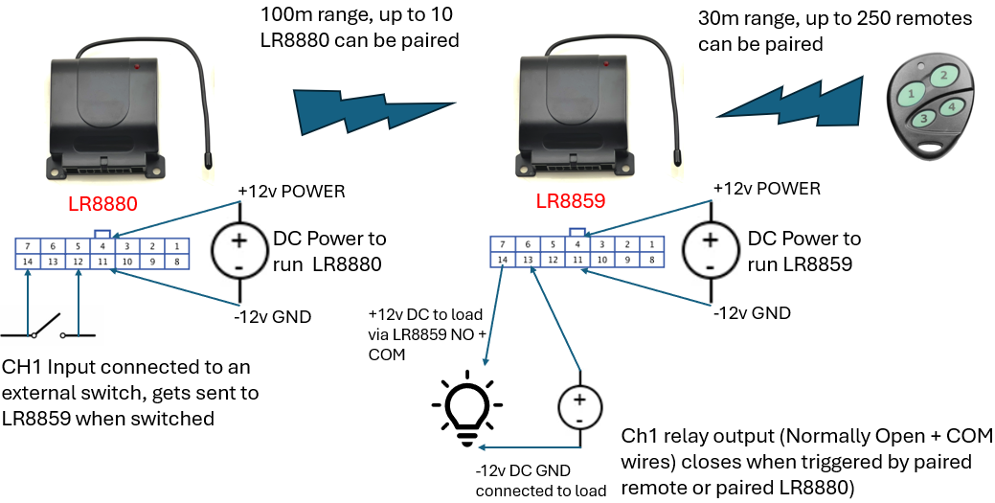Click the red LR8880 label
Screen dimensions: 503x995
point(103,204)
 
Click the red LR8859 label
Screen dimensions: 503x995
point(571,202)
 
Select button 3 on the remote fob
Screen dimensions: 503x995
point(923,119)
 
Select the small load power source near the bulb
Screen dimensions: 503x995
point(578,406)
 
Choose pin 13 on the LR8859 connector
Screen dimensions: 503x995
point(527,260)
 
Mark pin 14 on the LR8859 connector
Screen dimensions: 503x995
point(502,260)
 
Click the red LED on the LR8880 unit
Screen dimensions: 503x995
point(140,67)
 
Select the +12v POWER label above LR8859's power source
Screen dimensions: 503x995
point(767,189)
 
